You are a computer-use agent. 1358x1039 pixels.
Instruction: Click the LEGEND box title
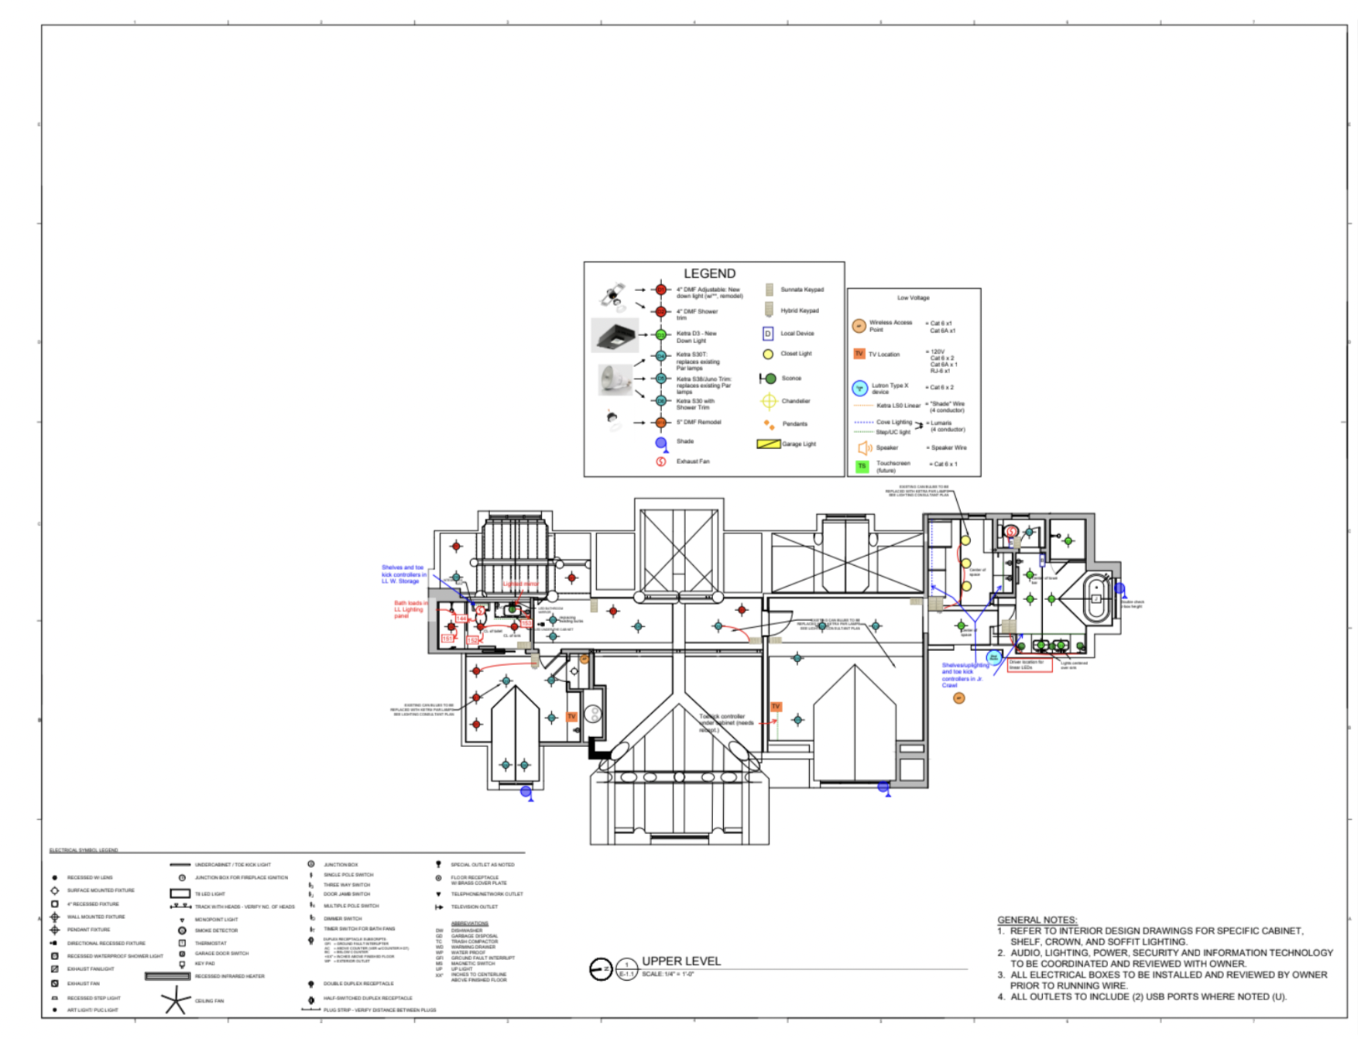(x=709, y=273)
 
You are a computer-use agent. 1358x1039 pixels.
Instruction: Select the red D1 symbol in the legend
(x=660, y=290)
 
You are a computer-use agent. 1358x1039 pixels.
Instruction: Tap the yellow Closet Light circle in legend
(x=767, y=354)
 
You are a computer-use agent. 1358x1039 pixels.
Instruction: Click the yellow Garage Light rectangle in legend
(x=767, y=444)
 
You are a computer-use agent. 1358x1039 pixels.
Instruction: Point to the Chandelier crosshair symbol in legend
(x=768, y=401)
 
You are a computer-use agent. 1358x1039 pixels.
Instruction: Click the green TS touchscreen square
(x=862, y=466)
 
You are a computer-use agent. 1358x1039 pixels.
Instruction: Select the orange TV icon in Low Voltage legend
(x=859, y=354)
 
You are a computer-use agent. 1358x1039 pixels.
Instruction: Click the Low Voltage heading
(x=913, y=297)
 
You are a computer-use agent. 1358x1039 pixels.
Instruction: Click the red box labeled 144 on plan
(x=462, y=619)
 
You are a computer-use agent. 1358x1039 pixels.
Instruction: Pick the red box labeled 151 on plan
(x=448, y=639)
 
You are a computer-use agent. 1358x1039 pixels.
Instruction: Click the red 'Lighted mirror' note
(x=520, y=584)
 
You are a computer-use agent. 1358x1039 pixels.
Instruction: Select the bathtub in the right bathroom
(x=1096, y=597)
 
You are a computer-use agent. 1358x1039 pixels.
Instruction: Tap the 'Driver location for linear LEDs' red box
(x=1029, y=665)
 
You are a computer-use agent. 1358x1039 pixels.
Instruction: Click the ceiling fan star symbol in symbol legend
(x=177, y=1000)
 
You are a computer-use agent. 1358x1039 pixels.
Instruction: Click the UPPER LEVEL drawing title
(x=681, y=961)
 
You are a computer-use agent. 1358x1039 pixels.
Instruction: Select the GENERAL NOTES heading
(x=1037, y=920)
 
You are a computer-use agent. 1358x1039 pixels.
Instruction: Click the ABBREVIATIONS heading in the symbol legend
(x=470, y=924)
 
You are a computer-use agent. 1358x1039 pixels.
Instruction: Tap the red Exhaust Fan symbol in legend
(x=660, y=461)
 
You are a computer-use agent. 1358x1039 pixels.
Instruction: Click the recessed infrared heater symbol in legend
(x=167, y=976)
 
